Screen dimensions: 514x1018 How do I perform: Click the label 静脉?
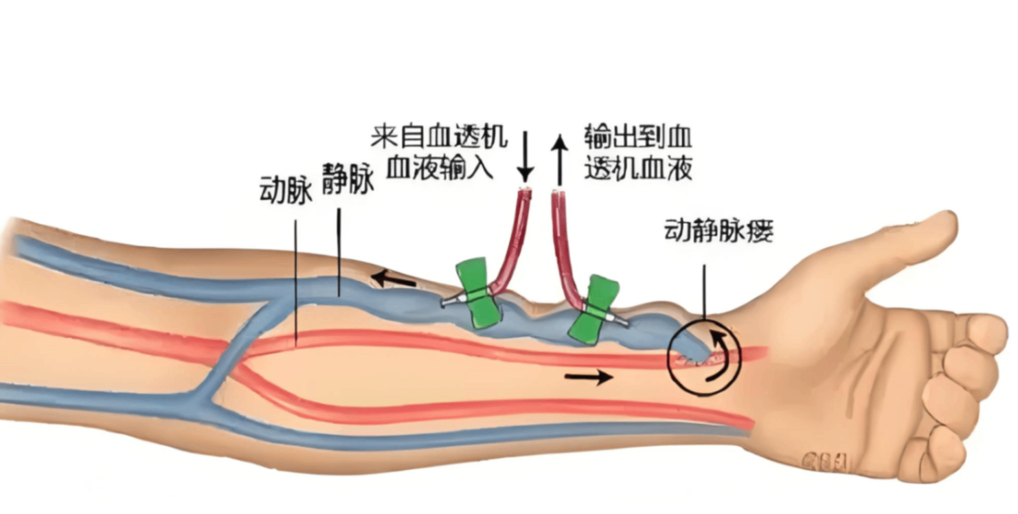348,180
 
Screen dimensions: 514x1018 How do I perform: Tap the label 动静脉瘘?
719,232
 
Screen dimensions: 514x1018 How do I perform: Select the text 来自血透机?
439,136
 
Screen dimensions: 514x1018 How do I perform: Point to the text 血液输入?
439,167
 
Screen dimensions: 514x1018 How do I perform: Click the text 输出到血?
638,136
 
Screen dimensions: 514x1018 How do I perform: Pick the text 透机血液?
638,167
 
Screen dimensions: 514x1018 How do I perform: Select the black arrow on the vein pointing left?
394,279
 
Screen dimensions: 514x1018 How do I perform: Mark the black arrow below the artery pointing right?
588,377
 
